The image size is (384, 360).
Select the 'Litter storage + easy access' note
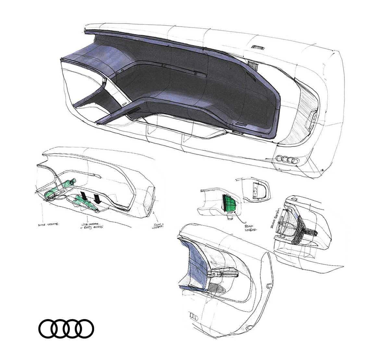pos(92,226)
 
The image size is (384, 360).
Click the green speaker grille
pos(229,203)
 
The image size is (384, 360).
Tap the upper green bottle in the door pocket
pos(61,189)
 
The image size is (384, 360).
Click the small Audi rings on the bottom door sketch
pos(194,316)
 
